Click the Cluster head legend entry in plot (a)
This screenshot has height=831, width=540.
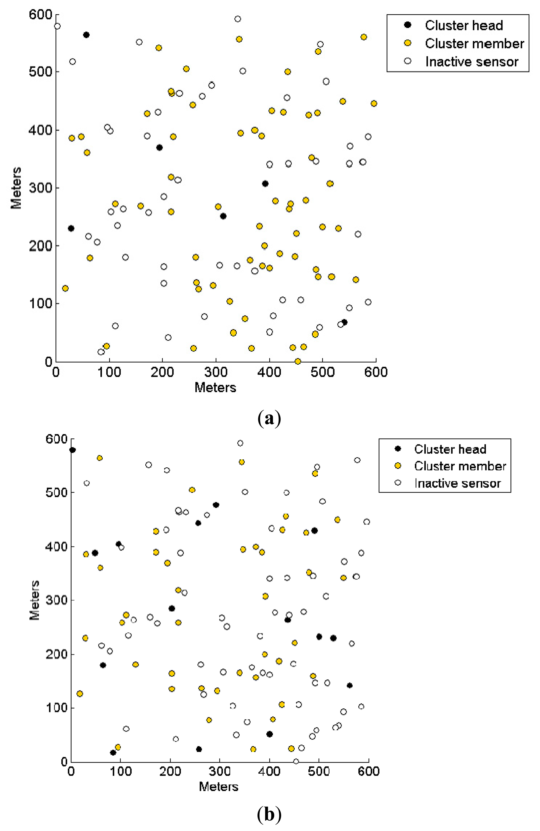(x=463, y=26)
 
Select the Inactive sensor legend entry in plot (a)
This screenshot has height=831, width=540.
(x=471, y=62)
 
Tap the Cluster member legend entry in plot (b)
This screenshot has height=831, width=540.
(x=460, y=466)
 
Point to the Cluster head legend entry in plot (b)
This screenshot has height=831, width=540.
(x=450, y=449)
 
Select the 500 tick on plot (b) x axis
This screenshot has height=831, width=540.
(x=319, y=771)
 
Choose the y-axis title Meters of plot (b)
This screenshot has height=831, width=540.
(x=34, y=600)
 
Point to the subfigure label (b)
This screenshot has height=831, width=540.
(x=269, y=815)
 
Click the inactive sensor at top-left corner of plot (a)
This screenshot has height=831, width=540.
(x=57, y=26)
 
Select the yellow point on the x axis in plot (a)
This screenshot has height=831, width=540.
(x=298, y=361)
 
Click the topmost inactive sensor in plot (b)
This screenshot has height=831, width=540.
(x=240, y=443)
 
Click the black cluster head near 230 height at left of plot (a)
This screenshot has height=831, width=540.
(x=71, y=228)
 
